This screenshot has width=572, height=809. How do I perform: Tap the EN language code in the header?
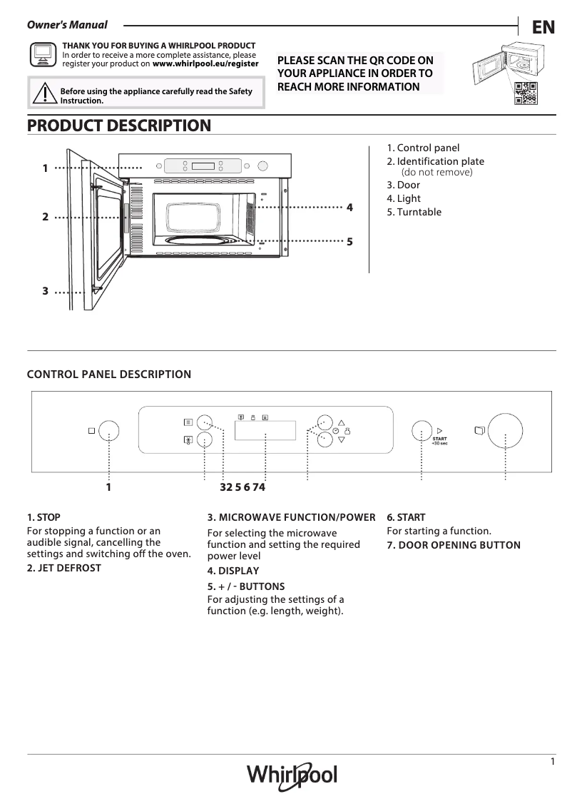click(x=543, y=27)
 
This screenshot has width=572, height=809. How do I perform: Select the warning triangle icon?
click(x=44, y=93)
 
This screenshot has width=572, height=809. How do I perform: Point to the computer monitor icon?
click(x=43, y=54)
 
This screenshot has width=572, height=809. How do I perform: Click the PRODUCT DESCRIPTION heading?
click(x=119, y=126)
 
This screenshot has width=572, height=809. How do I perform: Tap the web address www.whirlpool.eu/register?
click(x=205, y=63)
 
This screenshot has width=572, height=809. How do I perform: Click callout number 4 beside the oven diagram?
click(x=349, y=208)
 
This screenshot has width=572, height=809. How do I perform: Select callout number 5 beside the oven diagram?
click(x=349, y=242)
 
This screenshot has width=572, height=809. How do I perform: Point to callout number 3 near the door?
click(x=45, y=291)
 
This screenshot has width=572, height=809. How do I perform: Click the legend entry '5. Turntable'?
click(x=414, y=212)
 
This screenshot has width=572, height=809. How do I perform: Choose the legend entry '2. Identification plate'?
click(x=435, y=161)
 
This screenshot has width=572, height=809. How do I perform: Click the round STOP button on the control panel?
click(x=108, y=431)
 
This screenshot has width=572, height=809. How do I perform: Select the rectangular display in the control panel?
click(x=265, y=430)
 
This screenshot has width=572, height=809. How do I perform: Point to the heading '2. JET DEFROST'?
click(x=64, y=568)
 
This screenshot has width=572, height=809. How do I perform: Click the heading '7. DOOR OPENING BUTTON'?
click(x=454, y=545)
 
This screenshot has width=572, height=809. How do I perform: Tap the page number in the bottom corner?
click(x=553, y=762)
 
